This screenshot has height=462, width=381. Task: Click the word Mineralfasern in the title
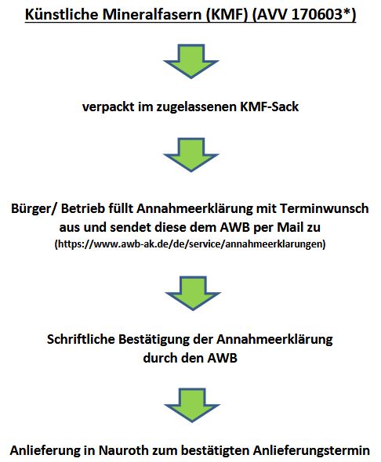coord(152,14)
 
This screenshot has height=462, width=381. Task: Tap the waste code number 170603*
coord(321,14)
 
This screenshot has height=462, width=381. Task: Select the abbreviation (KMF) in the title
coord(227,14)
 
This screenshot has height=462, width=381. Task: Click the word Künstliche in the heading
coord(62,14)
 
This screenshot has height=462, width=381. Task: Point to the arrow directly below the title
coord(191,61)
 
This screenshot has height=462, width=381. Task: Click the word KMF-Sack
coord(269,106)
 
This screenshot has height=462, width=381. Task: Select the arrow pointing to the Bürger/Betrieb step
coord(191,155)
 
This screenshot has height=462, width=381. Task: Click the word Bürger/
coord(33,208)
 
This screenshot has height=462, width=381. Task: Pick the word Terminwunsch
coord(324,208)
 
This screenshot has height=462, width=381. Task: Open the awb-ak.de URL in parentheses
coord(190,244)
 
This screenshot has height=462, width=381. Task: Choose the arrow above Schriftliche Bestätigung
coord(193,293)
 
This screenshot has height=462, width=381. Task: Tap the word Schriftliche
coord(81,339)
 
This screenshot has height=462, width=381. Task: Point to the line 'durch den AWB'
coord(190,358)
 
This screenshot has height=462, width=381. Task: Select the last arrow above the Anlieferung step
coord(192,405)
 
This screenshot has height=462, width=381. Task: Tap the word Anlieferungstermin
coord(311,450)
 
